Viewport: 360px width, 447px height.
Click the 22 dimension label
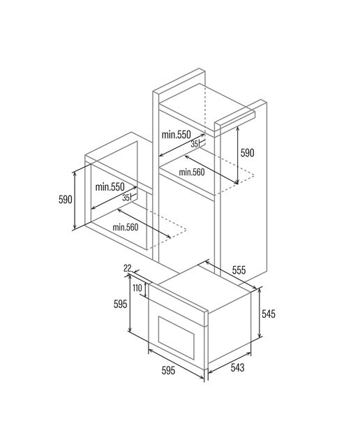pos(127,268)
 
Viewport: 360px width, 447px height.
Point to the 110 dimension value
pos(137,288)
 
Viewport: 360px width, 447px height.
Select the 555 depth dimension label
pos(239,270)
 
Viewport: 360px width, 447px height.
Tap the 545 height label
pos(269,314)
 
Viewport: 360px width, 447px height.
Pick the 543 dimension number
pos(237,367)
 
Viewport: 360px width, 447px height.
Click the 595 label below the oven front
pos(168,370)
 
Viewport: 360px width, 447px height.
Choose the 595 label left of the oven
pos(120,305)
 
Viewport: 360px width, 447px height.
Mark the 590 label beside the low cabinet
pos(66,199)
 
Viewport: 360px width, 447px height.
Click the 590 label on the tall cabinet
pos(247,153)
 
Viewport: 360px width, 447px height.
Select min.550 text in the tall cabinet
pos(177,135)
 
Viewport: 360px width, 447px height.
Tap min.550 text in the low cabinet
pos(110,187)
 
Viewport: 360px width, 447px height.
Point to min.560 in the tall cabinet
pos(192,173)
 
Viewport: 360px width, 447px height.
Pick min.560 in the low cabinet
pos(126,227)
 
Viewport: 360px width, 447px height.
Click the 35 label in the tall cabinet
pos(195,145)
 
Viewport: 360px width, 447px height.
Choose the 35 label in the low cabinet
pos(126,197)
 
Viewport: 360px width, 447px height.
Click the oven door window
pos(177,333)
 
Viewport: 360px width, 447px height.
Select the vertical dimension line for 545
pos(260,312)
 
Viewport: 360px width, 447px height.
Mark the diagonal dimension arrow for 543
pos(230,362)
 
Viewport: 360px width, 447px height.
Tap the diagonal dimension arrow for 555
pos(231,274)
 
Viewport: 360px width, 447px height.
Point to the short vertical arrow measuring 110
pos(147,291)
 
